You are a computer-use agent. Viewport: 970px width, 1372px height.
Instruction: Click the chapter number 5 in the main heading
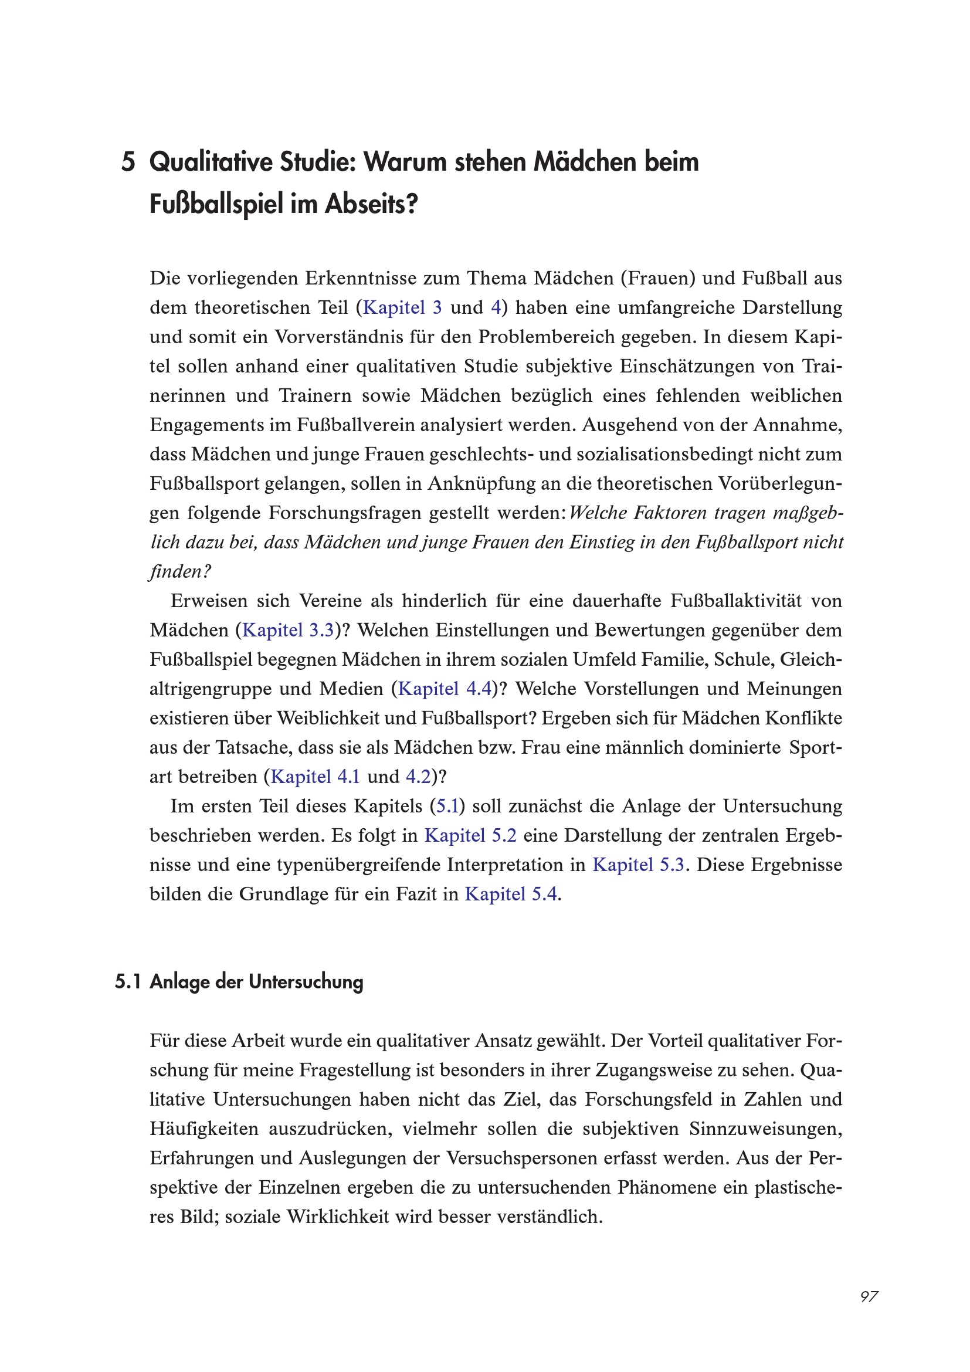click(x=128, y=162)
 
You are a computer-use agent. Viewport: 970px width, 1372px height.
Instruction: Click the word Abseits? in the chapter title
click(x=371, y=205)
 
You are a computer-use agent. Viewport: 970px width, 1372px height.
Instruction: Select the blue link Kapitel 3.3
click(x=288, y=631)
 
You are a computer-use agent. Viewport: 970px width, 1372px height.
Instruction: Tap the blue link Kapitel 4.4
click(x=445, y=689)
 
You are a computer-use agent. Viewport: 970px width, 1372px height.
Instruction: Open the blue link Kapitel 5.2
click(x=470, y=835)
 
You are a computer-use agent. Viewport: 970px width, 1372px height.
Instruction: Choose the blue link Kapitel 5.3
click(x=638, y=865)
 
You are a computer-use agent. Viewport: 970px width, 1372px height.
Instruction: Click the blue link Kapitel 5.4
click(x=511, y=894)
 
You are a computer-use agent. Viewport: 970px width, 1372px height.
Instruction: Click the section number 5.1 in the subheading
click(x=127, y=982)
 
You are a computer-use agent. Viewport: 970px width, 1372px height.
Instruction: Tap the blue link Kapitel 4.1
click(x=316, y=777)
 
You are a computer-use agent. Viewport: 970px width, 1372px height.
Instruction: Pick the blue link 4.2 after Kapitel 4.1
click(x=418, y=777)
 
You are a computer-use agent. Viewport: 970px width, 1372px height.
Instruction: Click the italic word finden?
click(x=180, y=572)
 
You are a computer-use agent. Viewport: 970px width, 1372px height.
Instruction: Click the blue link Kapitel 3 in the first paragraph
click(x=402, y=308)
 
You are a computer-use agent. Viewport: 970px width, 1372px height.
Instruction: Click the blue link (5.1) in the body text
click(x=447, y=806)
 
